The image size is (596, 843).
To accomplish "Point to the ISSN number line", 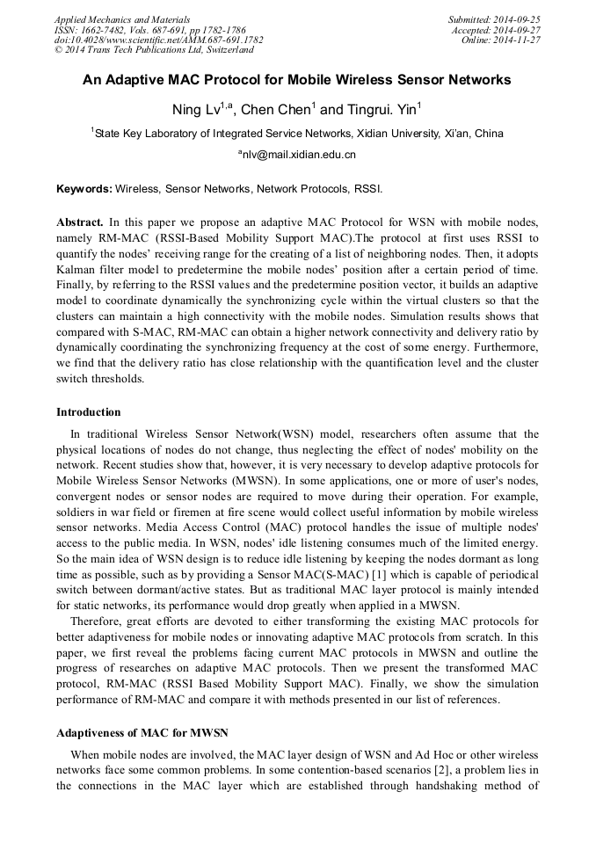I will (150, 30).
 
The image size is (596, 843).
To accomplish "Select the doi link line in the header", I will (158, 40).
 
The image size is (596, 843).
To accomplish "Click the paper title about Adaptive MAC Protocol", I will (297, 80).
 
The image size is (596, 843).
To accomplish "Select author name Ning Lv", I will (191, 110).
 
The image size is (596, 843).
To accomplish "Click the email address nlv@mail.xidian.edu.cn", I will (297, 155).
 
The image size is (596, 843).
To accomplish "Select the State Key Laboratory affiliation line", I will (299, 134).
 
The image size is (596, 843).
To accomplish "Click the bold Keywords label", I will (84, 189).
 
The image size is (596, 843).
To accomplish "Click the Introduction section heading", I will (89, 412).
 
